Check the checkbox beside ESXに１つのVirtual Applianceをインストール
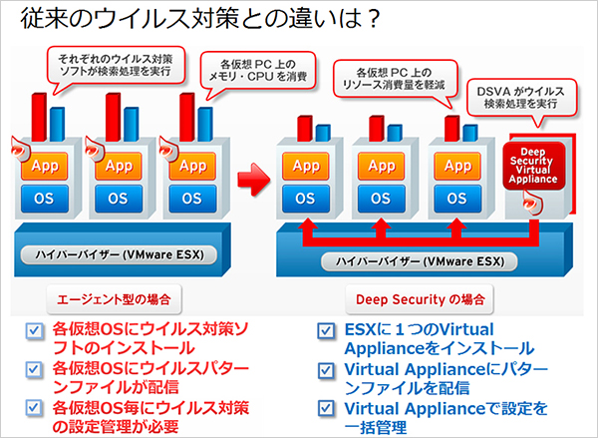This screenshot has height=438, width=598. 325,330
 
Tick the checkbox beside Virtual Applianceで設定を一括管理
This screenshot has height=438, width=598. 325,410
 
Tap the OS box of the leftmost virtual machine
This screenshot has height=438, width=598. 43,198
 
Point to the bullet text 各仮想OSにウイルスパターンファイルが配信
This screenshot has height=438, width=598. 149,378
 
